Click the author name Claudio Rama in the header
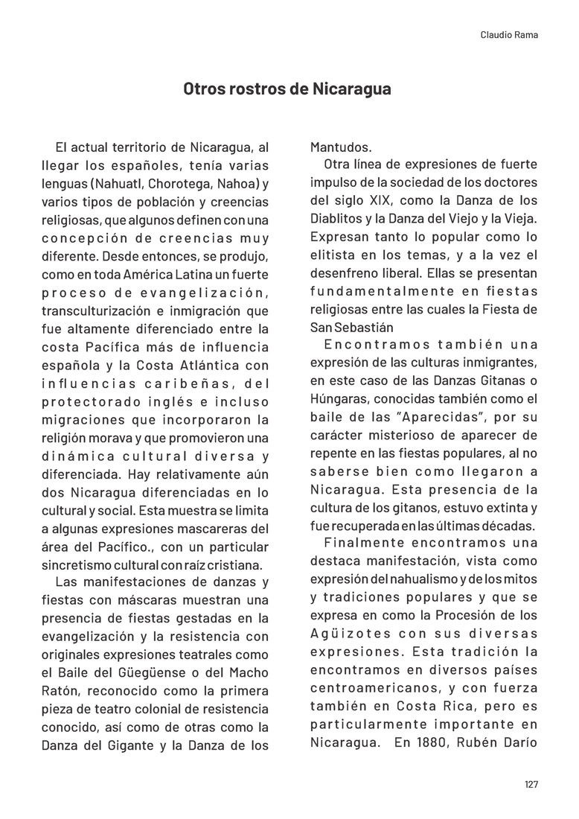click(x=510, y=34)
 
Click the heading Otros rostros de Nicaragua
click(x=287, y=89)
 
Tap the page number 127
click(x=531, y=784)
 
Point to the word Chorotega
click(x=178, y=183)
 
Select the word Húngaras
click(x=336, y=400)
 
